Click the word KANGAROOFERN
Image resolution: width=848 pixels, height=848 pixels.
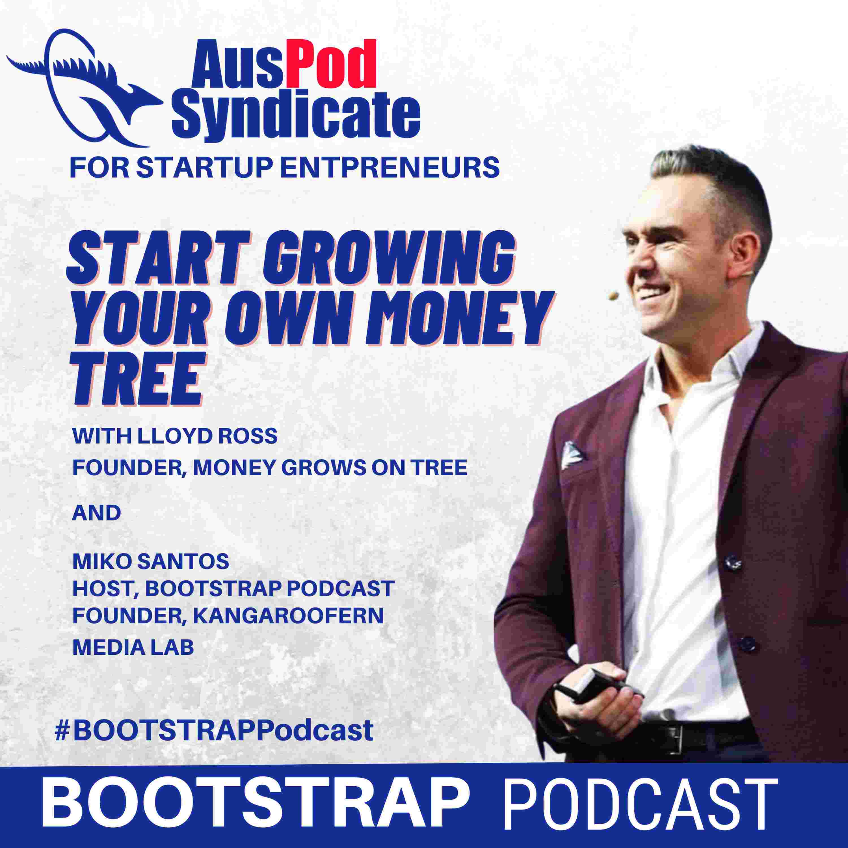(288, 616)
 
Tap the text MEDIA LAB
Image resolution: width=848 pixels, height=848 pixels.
(133, 647)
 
